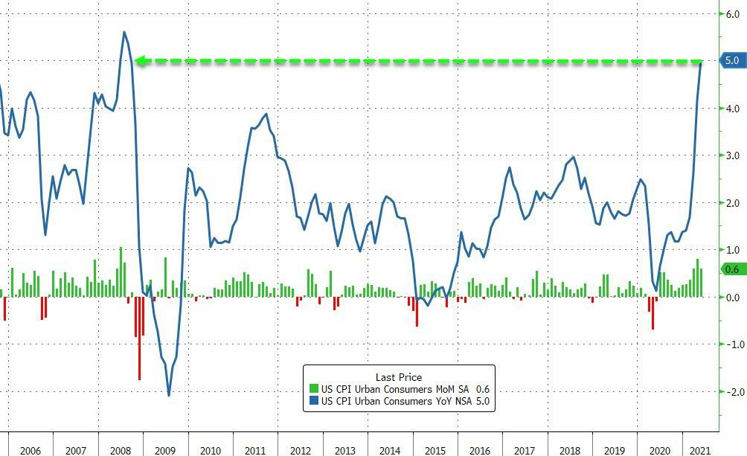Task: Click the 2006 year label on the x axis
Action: pos(30,451)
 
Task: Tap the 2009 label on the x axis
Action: pos(164,451)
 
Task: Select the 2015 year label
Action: pos(435,451)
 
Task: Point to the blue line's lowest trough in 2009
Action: pos(169,395)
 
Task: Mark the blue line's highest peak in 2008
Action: pos(124,32)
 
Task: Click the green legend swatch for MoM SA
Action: pos(313,389)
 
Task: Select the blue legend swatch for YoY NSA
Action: pos(313,402)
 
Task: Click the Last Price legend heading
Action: pos(398,377)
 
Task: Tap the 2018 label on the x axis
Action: pos(570,451)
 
